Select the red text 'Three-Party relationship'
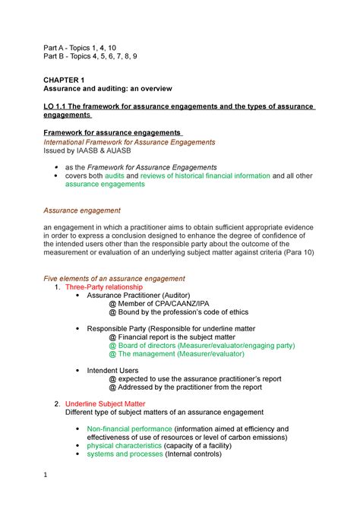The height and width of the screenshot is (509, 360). point(103,288)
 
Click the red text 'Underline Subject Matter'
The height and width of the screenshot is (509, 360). point(105,403)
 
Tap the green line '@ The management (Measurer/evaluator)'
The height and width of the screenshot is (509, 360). point(186,353)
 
